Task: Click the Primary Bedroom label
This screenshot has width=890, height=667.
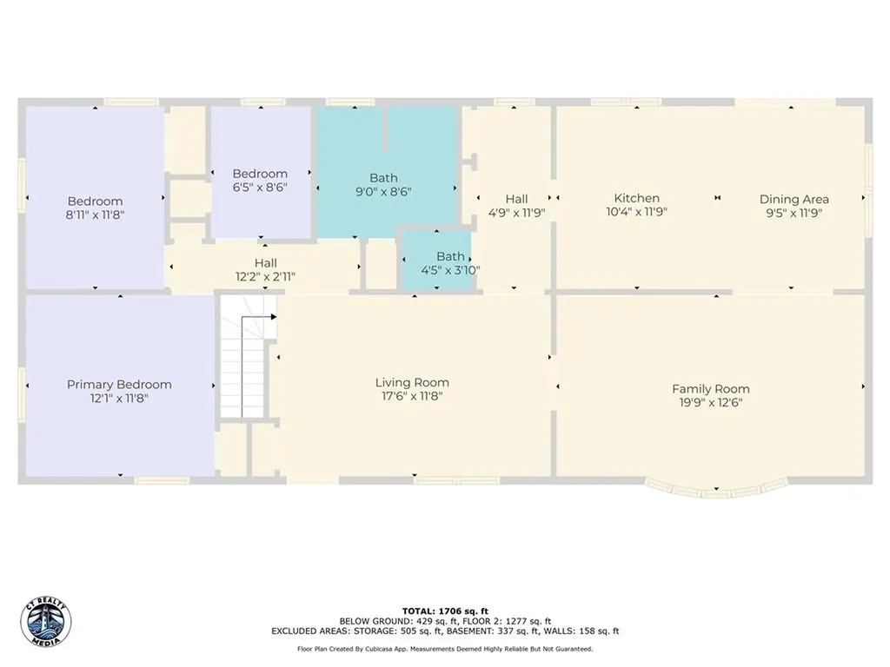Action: pyautogui.click(x=119, y=384)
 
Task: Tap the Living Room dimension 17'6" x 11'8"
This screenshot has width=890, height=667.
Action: pyautogui.click(x=412, y=396)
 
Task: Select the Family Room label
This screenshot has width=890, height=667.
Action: pyautogui.click(x=710, y=388)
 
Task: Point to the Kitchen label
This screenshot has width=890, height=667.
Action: pyautogui.click(x=636, y=198)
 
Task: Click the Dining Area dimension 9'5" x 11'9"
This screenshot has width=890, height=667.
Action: pyautogui.click(x=794, y=212)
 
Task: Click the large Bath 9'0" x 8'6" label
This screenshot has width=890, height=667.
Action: pyautogui.click(x=383, y=178)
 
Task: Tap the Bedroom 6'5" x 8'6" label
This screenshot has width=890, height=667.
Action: pyautogui.click(x=259, y=174)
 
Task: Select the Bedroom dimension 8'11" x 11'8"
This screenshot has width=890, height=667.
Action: pyautogui.click(x=95, y=215)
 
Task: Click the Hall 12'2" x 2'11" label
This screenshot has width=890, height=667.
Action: pyautogui.click(x=266, y=263)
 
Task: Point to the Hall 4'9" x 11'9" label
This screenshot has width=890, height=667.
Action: pyautogui.click(x=516, y=199)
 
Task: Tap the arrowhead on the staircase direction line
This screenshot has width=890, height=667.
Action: pyautogui.click(x=273, y=317)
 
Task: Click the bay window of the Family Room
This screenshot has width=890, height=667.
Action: pyautogui.click(x=716, y=489)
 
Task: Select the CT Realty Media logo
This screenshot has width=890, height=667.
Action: pyautogui.click(x=45, y=622)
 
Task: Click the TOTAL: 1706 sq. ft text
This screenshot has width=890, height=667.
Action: pyautogui.click(x=444, y=611)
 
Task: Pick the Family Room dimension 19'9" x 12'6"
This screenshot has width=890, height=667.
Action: pyautogui.click(x=710, y=402)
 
